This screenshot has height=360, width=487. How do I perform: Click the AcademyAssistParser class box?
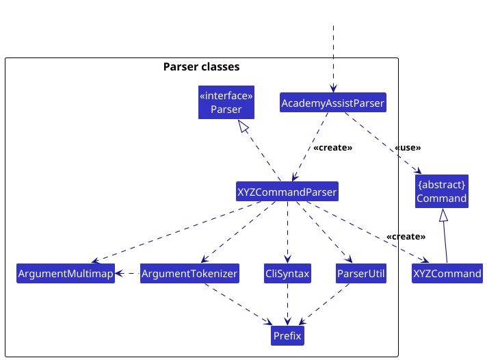pyautogui.click(x=333, y=102)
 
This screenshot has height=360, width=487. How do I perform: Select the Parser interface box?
pyautogui.click(x=226, y=102)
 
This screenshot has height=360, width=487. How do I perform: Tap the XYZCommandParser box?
pyautogui.click(x=287, y=191)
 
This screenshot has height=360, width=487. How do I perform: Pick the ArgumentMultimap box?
pyautogui.click(x=66, y=273)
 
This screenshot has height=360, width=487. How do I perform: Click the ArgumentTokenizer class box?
pyautogui.click(x=189, y=273)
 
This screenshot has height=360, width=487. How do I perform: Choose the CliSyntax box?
pyautogui.click(x=287, y=273)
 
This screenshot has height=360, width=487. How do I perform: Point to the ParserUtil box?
pyautogui.click(x=361, y=273)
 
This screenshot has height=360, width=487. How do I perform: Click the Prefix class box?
pyautogui.click(x=287, y=335)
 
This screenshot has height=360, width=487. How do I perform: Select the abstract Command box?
pyautogui.click(x=442, y=191)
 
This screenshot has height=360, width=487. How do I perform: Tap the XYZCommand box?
pyautogui.click(x=447, y=273)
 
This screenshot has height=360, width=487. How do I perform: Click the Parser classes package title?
pyautogui.click(x=201, y=67)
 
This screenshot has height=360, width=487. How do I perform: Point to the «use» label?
pyautogui.click(x=408, y=148)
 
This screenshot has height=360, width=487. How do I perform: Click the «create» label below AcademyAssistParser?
pyautogui.click(x=333, y=148)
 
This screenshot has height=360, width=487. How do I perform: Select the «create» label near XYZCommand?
pyautogui.click(x=406, y=237)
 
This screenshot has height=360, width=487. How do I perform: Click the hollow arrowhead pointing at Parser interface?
pyautogui.click(x=243, y=126)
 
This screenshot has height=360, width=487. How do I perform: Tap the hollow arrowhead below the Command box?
pyautogui.click(x=443, y=215)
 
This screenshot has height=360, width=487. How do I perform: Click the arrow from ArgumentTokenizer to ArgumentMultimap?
pyautogui.click(x=127, y=274)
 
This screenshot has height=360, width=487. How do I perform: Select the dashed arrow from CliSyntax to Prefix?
pyautogui.click(x=287, y=305)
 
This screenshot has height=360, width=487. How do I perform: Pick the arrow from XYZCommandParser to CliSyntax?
pyautogui.click(x=287, y=232)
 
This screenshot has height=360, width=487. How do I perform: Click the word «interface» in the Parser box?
pyautogui.click(x=226, y=96)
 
